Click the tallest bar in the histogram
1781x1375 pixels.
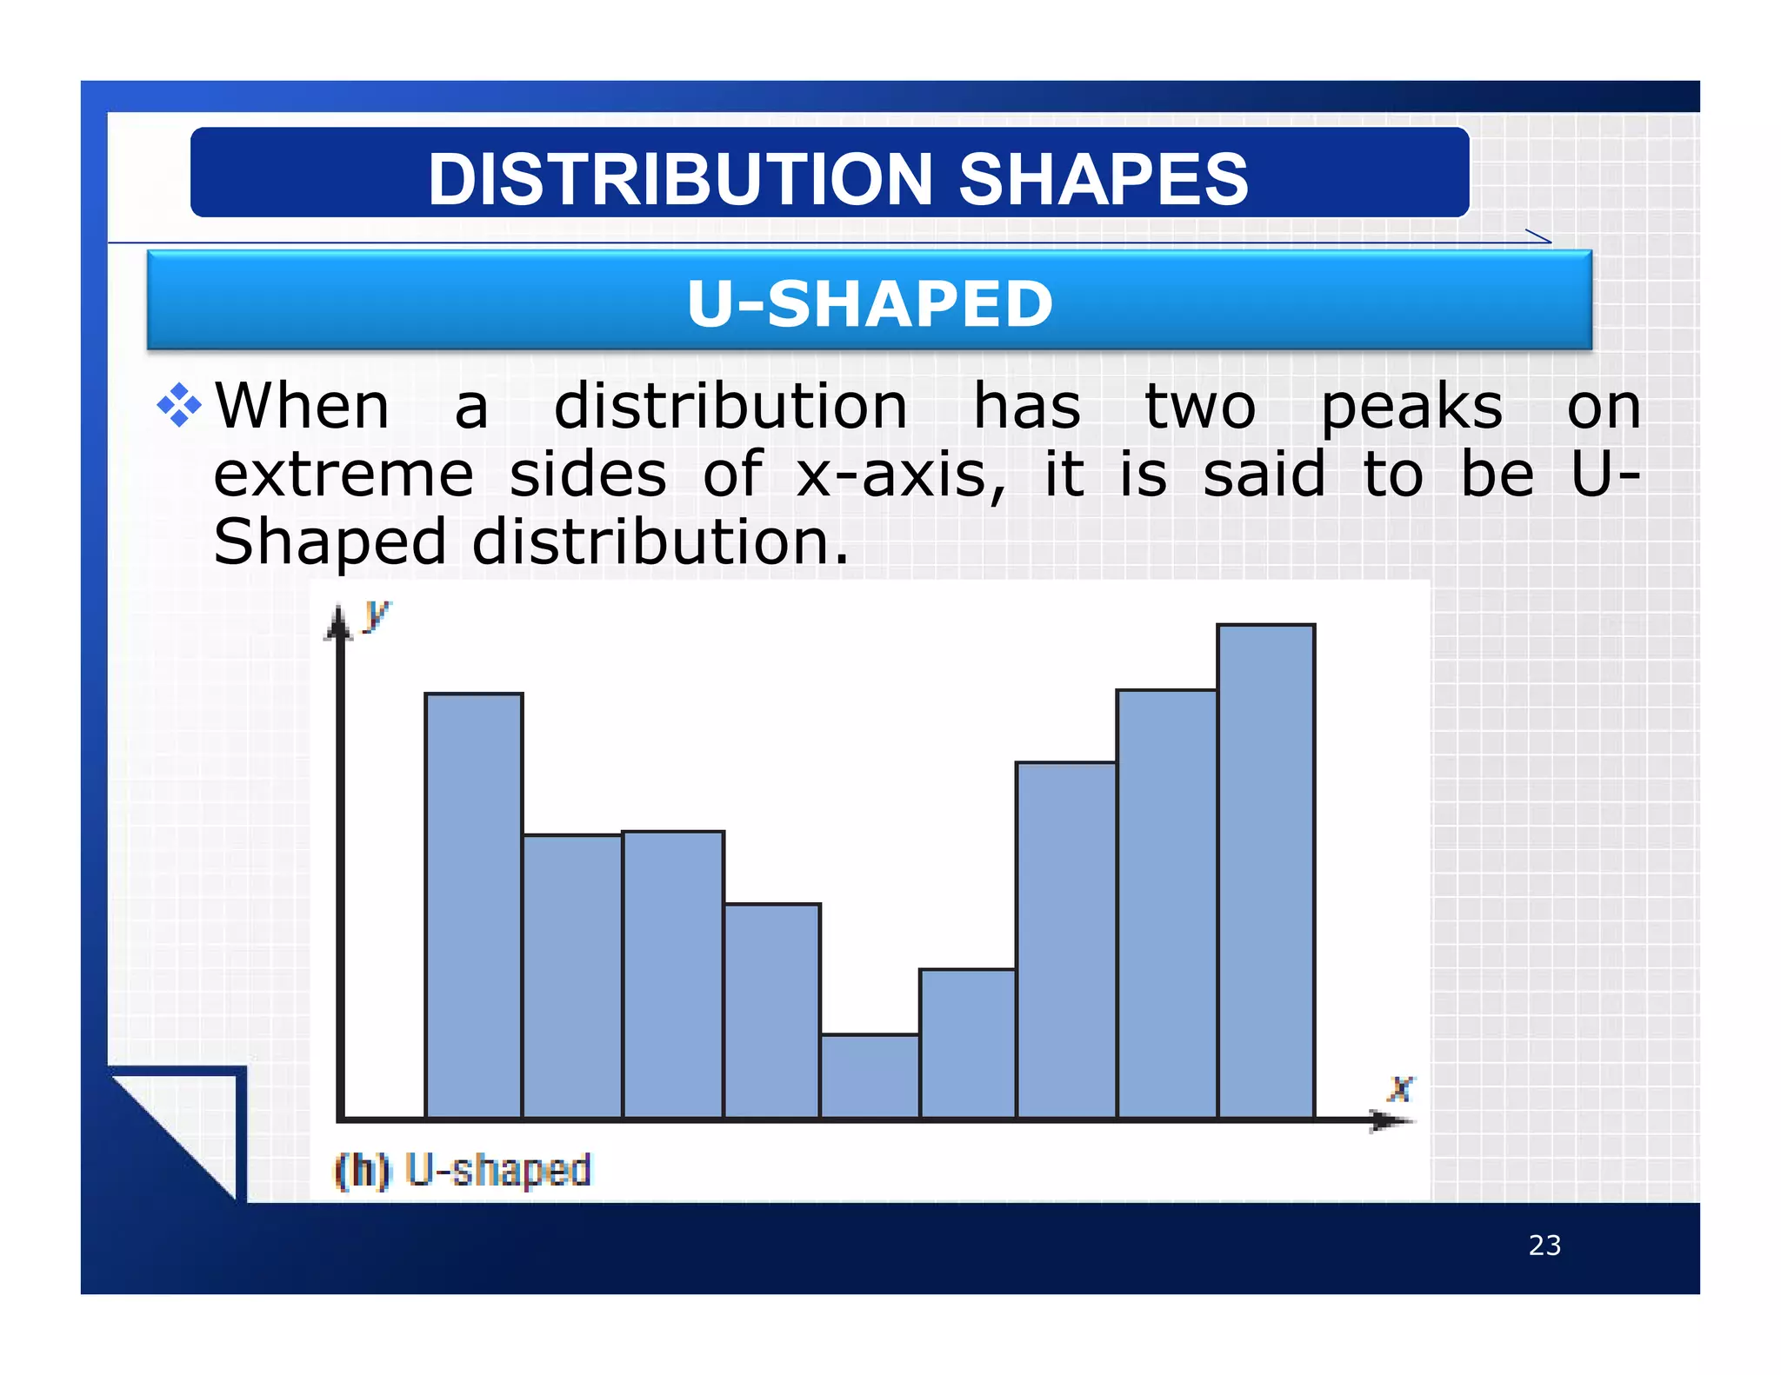(1265, 869)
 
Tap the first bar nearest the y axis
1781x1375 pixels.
(474, 904)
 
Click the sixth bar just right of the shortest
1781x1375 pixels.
(967, 1043)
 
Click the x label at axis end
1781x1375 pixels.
(1400, 1088)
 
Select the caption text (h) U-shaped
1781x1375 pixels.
(464, 1170)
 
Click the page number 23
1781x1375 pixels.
(1544, 1245)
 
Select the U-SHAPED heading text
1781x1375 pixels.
(870, 303)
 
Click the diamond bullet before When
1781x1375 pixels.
(179, 405)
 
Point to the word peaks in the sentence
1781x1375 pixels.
(1411, 407)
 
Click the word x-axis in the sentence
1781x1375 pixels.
(900, 475)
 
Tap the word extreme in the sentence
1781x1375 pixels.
(344, 475)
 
